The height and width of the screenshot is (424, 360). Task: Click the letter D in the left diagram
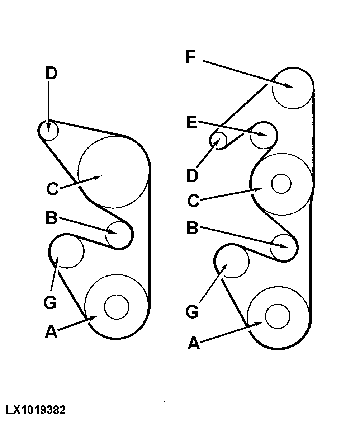51,74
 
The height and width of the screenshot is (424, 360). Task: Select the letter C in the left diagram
52,189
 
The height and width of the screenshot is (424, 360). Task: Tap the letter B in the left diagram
51,218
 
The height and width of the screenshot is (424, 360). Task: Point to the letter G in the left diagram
50,303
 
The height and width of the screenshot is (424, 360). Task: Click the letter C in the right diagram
193,201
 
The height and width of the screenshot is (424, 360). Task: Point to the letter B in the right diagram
193,228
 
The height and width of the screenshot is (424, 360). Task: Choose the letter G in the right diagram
192,312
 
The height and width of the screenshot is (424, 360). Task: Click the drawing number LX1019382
35,410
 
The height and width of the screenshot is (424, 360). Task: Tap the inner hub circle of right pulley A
278,316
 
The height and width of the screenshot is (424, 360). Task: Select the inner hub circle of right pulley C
281,184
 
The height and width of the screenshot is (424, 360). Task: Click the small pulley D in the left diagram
49,131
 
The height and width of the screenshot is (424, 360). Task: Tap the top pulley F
293,88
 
